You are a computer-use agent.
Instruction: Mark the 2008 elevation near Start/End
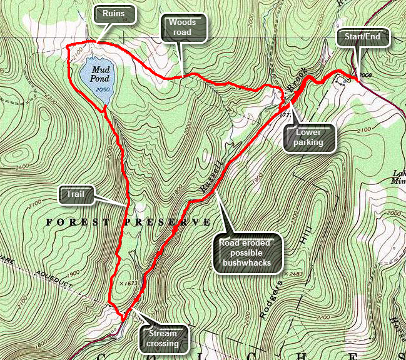pos(366,74)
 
